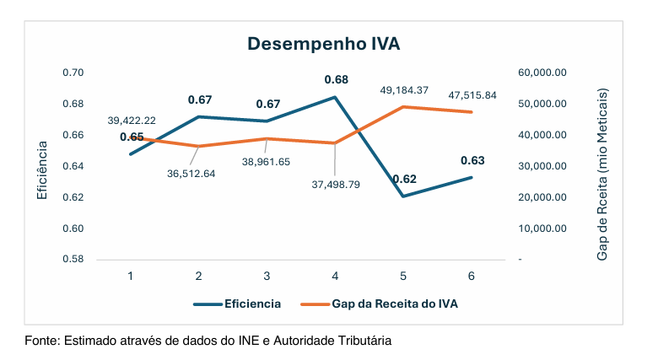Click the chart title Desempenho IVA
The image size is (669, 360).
[x=323, y=45]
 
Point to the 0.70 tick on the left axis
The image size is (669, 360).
[x=73, y=73]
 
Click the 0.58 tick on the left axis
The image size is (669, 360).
[x=73, y=260]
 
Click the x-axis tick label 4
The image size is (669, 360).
[x=335, y=276]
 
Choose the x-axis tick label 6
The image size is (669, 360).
[x=472, y=276]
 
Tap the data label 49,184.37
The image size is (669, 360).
[x=403, y=89]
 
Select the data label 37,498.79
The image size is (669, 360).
[x=335, y=184]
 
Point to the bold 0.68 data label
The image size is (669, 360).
[x=336, y=80]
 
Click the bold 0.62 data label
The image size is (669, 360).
[x=404, y=179]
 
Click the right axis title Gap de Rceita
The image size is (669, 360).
[x=602, y=173]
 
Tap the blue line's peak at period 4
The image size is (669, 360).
[x=335, y=97]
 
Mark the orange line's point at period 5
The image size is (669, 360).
[x=404, y=107]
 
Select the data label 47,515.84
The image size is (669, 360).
[x=472, y=95]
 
